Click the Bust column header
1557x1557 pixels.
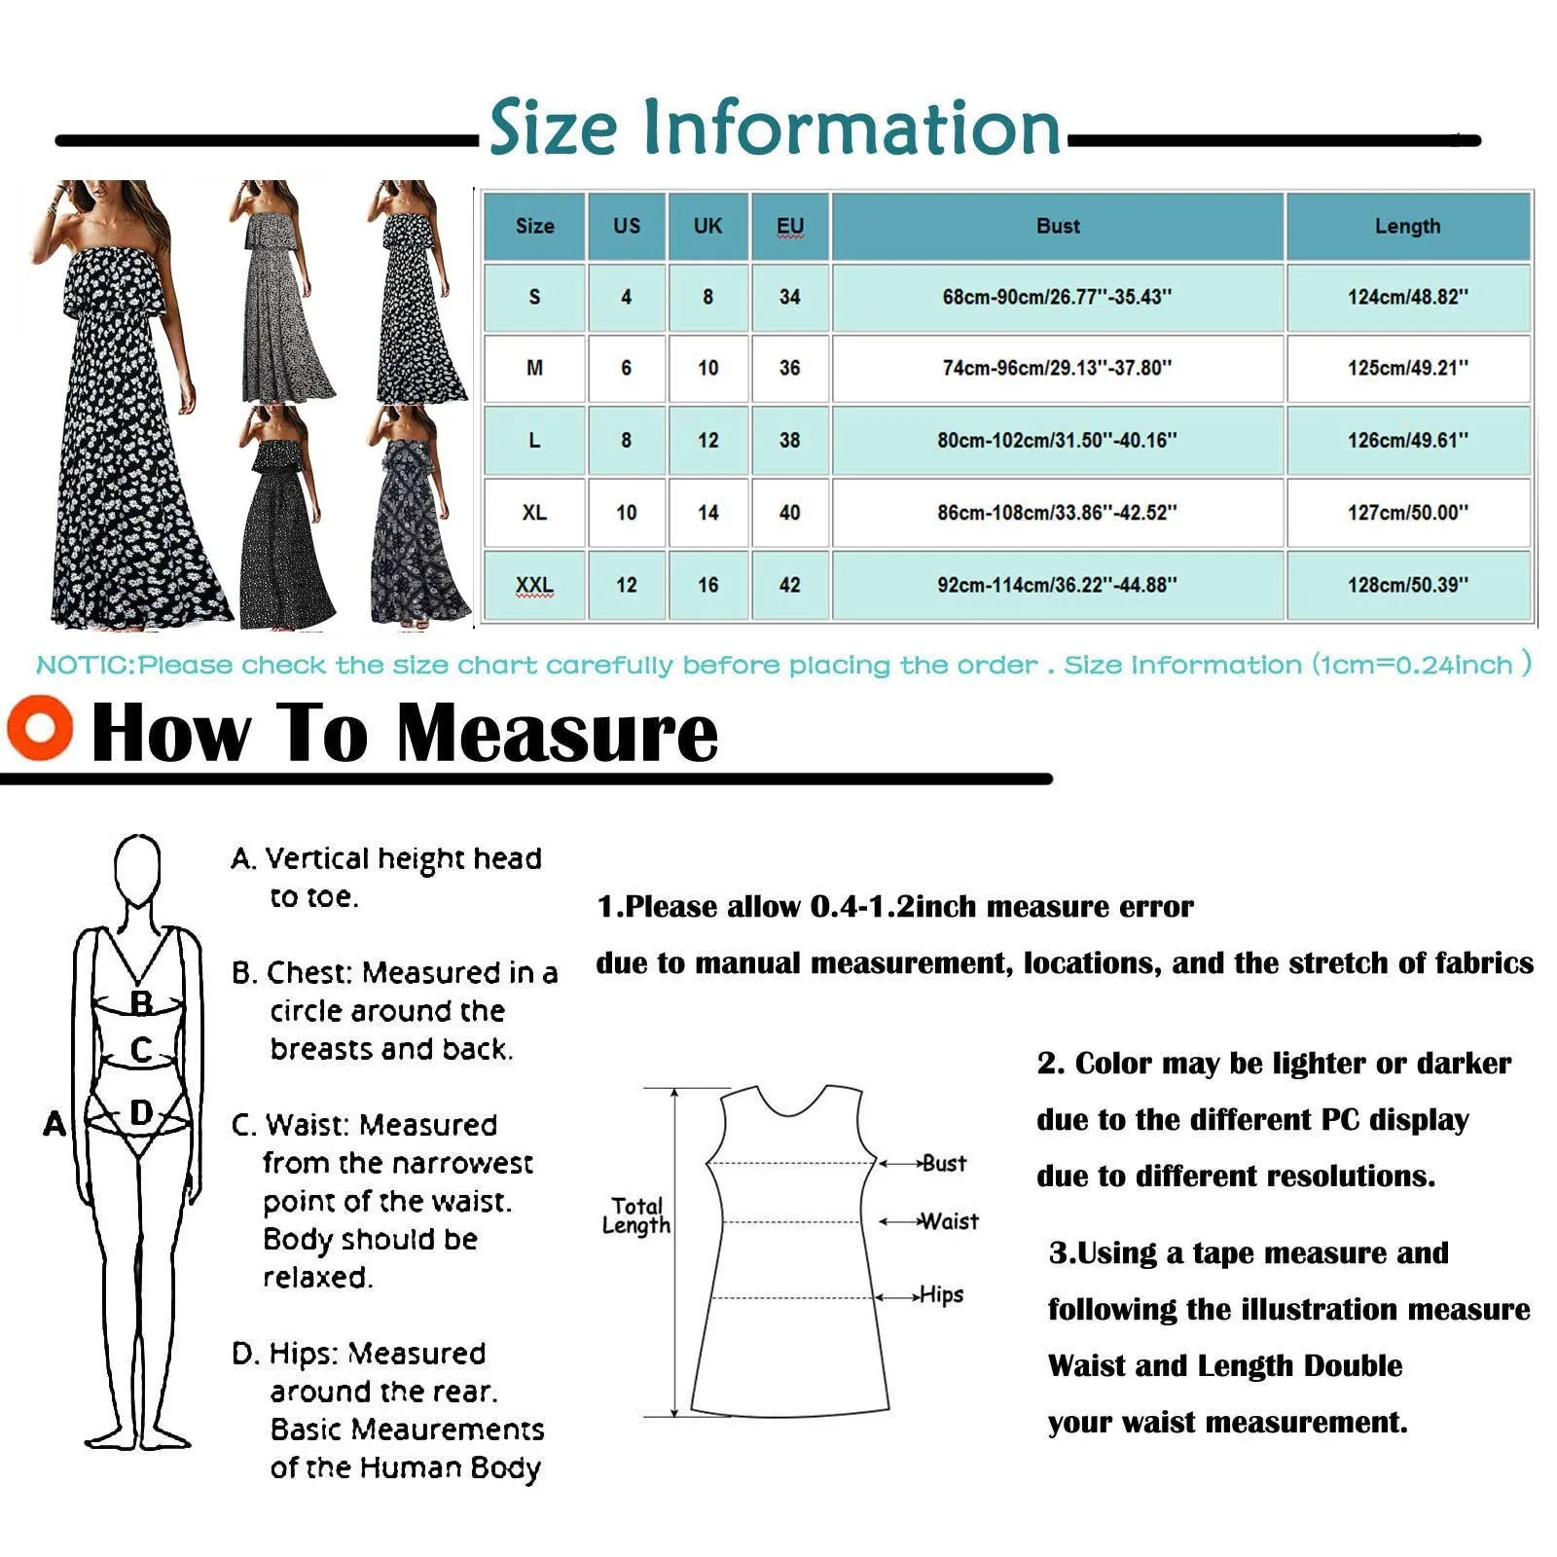1058,226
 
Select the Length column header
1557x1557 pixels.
1407,226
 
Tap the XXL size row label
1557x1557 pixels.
534,585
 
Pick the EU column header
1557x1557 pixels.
789,226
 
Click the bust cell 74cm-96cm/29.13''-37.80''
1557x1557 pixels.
1057,368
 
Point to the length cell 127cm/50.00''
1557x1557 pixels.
1407,512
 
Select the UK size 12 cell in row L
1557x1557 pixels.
707,440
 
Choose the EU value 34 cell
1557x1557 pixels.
789,297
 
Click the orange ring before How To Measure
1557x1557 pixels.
40,728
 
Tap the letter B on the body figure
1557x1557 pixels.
141,1002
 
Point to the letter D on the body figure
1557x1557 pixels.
141,1111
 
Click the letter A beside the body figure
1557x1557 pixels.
54,1123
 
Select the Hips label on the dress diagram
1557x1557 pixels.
941,1294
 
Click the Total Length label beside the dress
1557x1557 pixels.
636,1215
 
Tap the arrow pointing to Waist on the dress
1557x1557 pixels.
898,1221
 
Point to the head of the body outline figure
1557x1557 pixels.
137,868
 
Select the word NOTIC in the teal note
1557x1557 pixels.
84,666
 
